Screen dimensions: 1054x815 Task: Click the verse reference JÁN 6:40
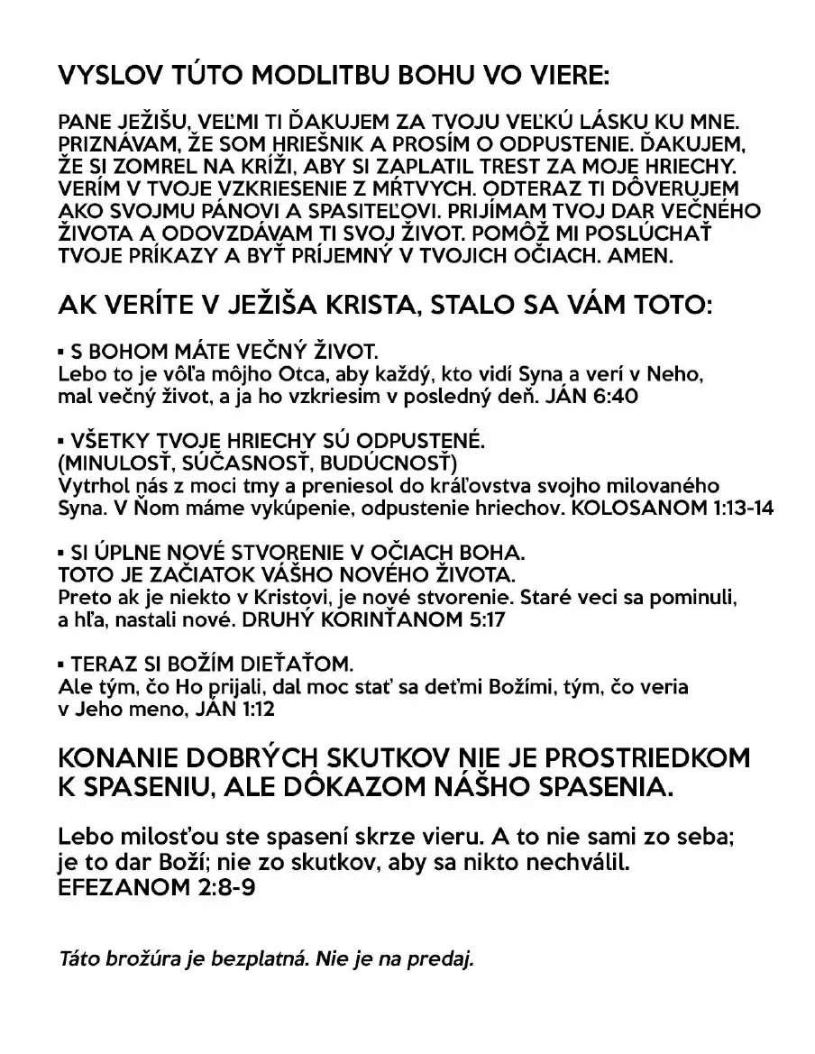click(591, 395)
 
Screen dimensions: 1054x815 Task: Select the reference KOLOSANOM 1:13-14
click(679, 509)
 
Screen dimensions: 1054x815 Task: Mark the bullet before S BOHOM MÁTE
click(60, 350)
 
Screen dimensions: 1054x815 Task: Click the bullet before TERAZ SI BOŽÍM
click(60, 664)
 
